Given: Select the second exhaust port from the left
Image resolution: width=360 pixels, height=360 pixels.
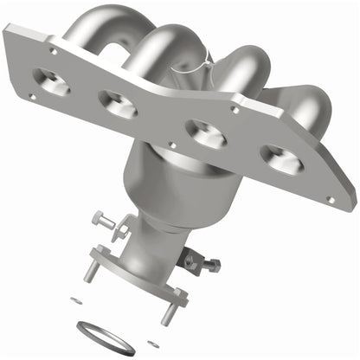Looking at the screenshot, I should point(119,105).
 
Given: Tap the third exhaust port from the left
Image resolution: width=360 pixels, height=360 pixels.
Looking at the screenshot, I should point(209,133).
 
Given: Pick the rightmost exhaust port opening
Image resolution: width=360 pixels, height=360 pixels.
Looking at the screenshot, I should point(282,157).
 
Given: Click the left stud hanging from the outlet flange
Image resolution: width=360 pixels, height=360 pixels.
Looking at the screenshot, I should point(87,271).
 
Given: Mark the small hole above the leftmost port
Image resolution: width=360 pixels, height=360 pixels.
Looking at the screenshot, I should point(53,50).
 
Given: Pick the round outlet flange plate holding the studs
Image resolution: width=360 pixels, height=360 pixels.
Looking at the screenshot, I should point(138,275).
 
